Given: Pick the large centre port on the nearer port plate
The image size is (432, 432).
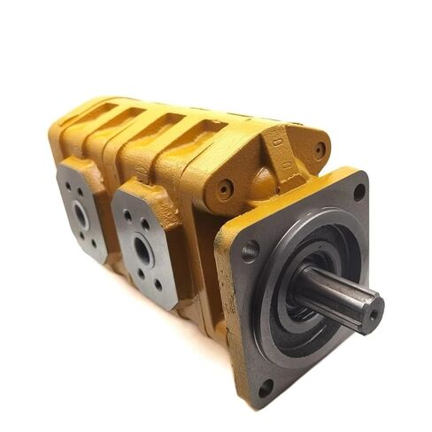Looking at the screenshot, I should pyautogui.click(x=142, y=251).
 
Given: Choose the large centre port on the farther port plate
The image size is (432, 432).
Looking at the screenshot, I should pyautogui.click(x=81, y=213).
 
